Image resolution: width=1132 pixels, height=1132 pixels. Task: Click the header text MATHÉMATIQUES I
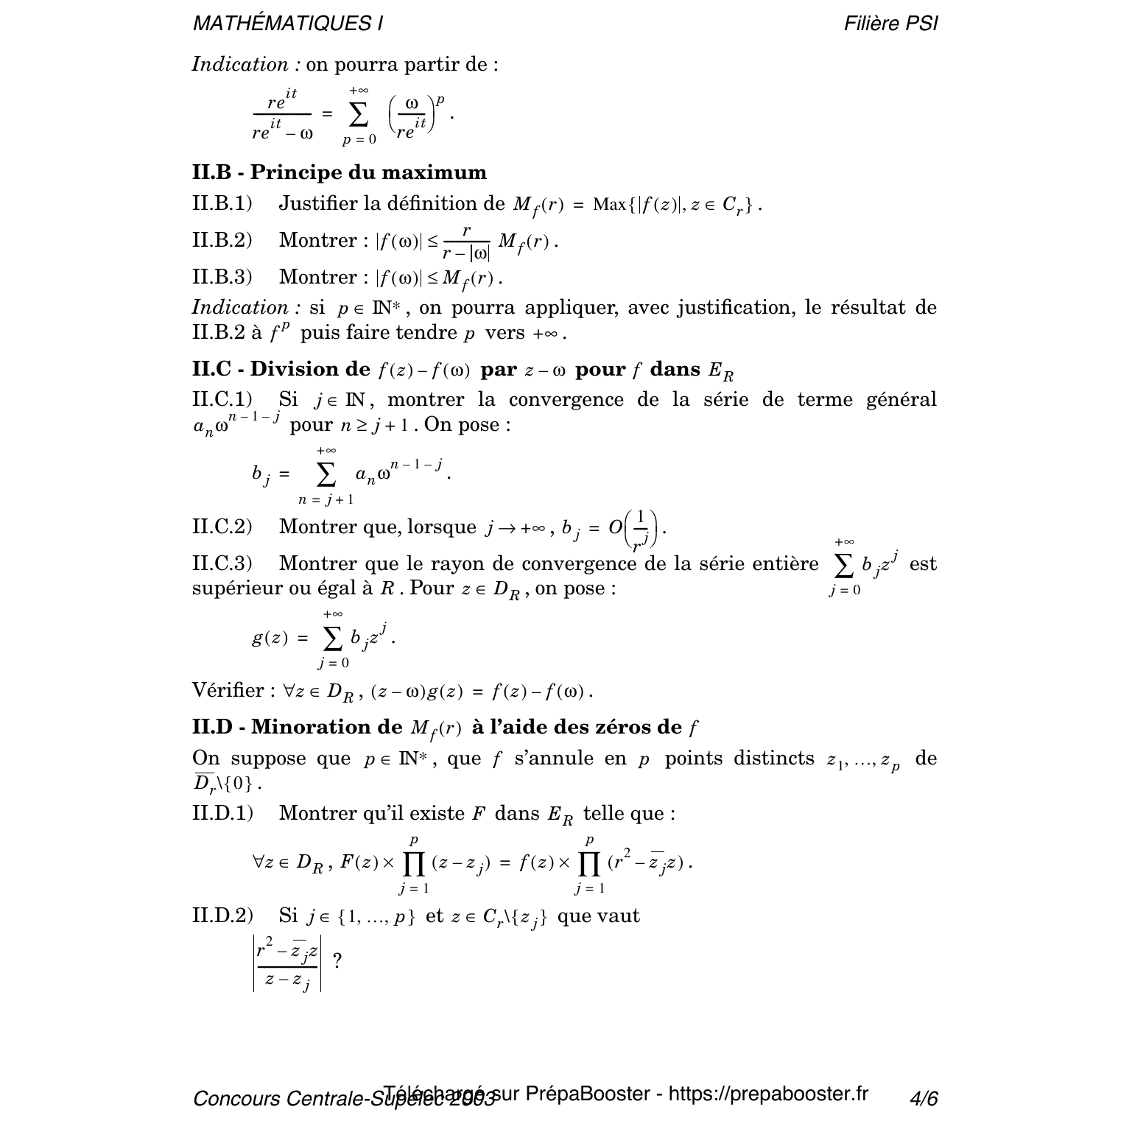point(287,24)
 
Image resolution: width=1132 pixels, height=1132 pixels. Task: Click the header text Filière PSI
point(890,24)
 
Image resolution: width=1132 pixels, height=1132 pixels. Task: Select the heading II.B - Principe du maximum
point(340,172)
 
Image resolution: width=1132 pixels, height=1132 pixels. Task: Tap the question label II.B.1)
point(222,204)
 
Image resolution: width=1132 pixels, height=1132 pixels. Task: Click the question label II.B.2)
point(222,240)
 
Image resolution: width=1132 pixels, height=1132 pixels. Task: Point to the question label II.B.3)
point(222,277)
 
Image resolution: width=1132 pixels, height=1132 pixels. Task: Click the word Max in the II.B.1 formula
point(608,205)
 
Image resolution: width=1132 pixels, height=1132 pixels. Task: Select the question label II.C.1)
point(222,400)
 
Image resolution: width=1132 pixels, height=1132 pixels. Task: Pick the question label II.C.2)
point(222,527)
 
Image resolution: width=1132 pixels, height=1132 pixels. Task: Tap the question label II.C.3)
point(222,564)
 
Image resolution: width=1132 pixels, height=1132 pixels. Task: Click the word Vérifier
point(228,691)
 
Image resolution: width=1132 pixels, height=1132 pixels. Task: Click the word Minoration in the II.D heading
point(327,728)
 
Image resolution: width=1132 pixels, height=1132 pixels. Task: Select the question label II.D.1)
point(222,813)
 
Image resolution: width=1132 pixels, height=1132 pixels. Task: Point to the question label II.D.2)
point(222,916)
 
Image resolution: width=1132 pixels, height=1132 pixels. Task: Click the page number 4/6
point(924,1099)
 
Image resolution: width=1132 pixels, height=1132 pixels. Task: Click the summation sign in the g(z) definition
point(333,639)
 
